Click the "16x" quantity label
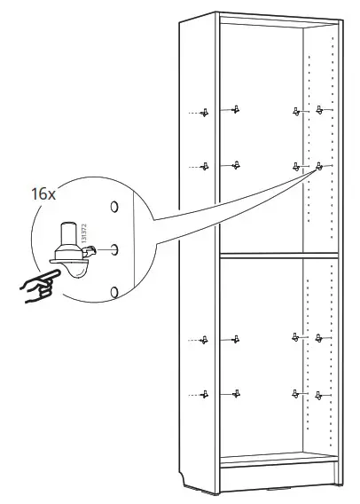coord(43,194)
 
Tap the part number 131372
coord(84,233)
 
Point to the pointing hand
coord(39,286)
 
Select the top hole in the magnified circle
coord(114,207)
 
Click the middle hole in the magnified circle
coord(114,249)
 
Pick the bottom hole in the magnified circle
coord(114,292)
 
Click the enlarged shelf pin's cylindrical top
coord(67,233)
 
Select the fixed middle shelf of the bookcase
coord(278,256)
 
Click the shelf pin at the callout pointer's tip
coord(319,166)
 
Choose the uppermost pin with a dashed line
coord(204,113)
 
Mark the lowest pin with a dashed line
coord(204,394)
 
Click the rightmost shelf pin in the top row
coord(319,110)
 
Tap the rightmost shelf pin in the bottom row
coord(318,396)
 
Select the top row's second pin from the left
coord(236,109)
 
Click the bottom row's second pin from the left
coord(236,393)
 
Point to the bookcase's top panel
coord(278,20)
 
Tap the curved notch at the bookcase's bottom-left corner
coord(183,478)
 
